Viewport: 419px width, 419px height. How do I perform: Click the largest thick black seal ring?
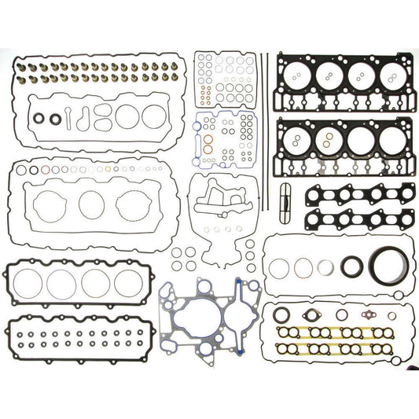point(385,265)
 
